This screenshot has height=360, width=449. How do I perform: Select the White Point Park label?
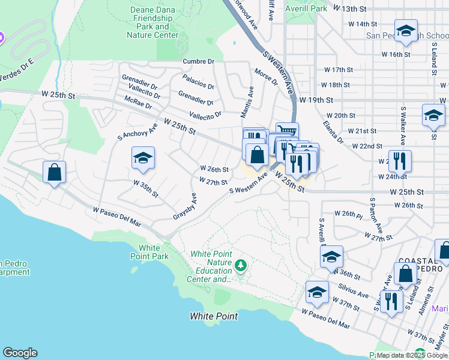coord(149,252)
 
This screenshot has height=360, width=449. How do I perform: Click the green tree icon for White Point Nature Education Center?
coord(241,265)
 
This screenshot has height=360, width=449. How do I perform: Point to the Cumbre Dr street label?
coord(199,61)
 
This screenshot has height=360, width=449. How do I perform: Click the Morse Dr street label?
coord(266,77)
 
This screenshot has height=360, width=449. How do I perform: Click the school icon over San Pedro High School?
coord(406,31)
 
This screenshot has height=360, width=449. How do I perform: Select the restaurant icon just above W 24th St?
coord(399,161)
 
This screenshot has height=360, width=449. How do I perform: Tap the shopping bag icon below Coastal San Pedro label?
coord(406,274)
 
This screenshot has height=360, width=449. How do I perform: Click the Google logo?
coord(20,353)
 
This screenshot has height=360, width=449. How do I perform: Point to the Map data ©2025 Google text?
coord(411,355)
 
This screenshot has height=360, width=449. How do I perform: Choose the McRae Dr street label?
coord(137,104)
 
